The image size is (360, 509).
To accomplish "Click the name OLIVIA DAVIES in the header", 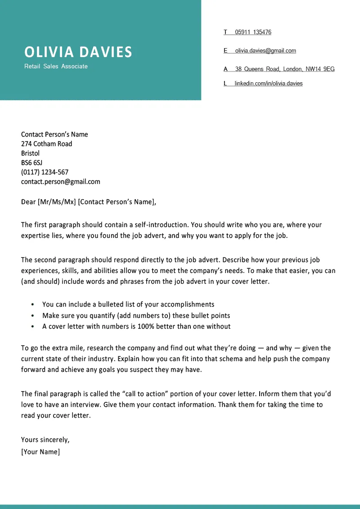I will click(78, 52).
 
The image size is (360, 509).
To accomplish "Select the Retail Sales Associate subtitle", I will click(56, 67).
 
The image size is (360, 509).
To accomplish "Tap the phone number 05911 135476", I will click(253, 32).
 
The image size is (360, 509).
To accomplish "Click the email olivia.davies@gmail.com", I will click(265, 51).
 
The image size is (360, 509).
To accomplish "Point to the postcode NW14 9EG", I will click(320, 69).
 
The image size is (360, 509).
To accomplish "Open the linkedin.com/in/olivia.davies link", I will click(269, 84).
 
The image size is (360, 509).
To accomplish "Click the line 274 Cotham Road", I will click(46, 144).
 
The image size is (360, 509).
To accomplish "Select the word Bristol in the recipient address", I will click(30, 153).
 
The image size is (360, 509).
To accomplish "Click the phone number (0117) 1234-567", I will click(45, 172).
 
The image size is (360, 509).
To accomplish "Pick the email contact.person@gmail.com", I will click(60, 182).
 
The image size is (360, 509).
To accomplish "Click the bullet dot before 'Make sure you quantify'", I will click(33, 316).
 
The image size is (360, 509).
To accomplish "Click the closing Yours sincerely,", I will click(45, 440).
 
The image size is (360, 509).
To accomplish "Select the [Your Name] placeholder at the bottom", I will click(40, 452).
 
